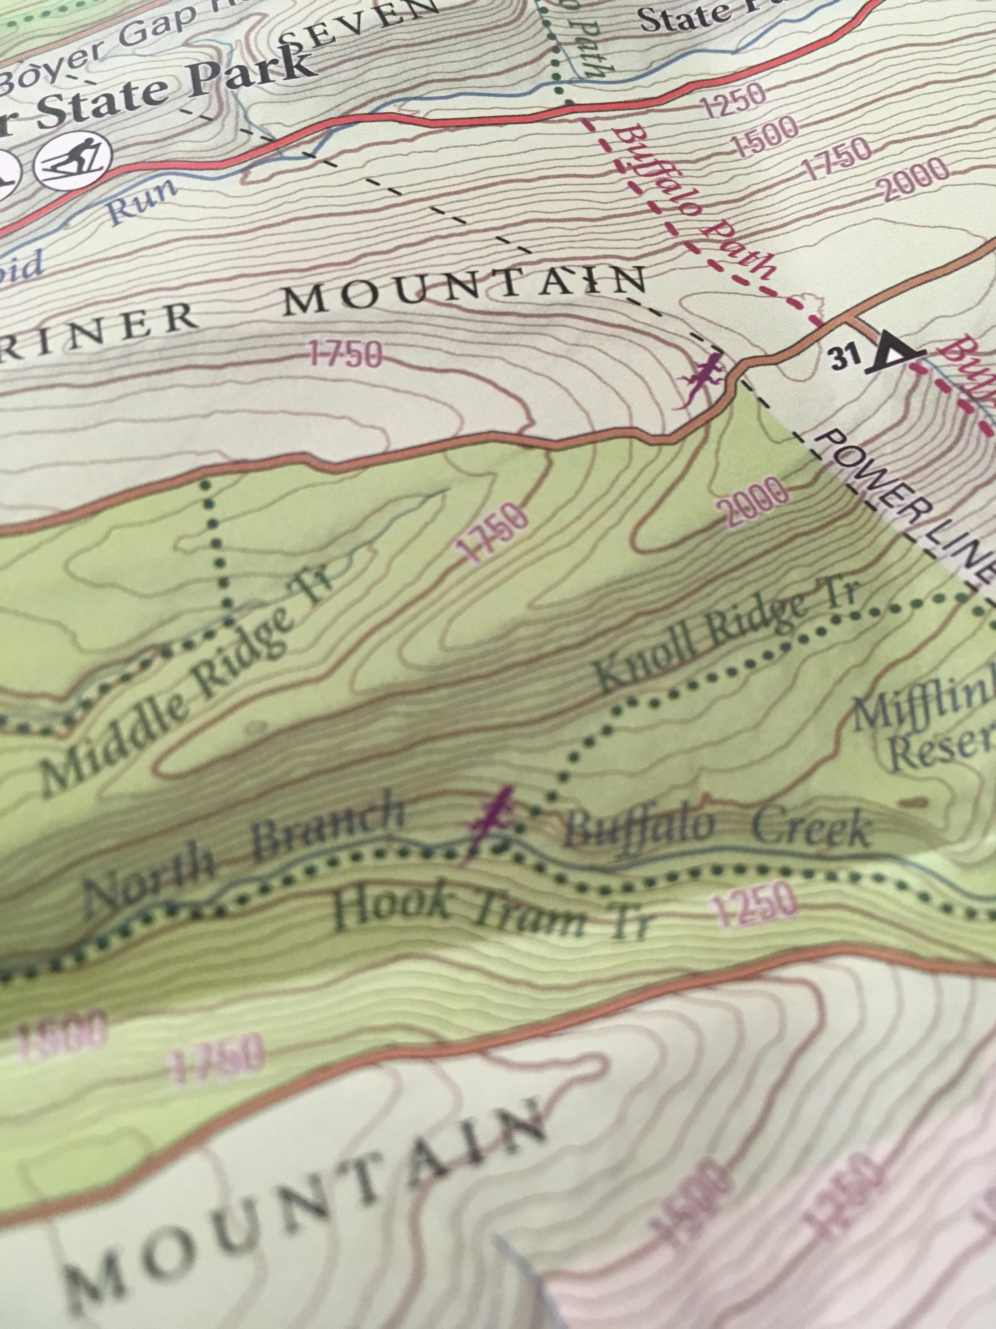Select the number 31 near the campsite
pyautogui.click(x=845, y=359)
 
